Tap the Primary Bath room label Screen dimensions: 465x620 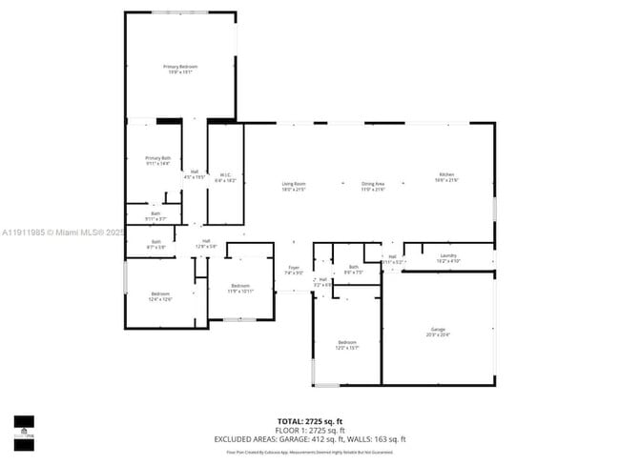pyautogui.click(x=157, y=160)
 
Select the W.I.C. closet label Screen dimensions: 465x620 pyautogui.click(x=225, y=176)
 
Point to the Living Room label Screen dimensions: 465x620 pyautogui.click(x=293, y=186)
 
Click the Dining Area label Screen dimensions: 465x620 pyautogui.click(x=373, y=186)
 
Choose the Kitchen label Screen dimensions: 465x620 pyautogui.click(x=446, y=176)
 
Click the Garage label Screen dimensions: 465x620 pyautogui.click(x=439, y=332)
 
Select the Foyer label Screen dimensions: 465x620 pyautogui.click(x=294, y=270)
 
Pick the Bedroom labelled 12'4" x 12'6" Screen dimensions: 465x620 pyautogui.click(x=160, y=295)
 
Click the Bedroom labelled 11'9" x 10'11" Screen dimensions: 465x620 pyautogui.click(x=239, y=288)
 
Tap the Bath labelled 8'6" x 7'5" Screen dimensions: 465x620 pyautogui.click(x=354, y=270)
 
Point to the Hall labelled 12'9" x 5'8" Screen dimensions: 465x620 pyautogui.click(x=206, y=243)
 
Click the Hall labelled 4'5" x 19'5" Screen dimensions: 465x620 pyautogui.click(x=195, y=173)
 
